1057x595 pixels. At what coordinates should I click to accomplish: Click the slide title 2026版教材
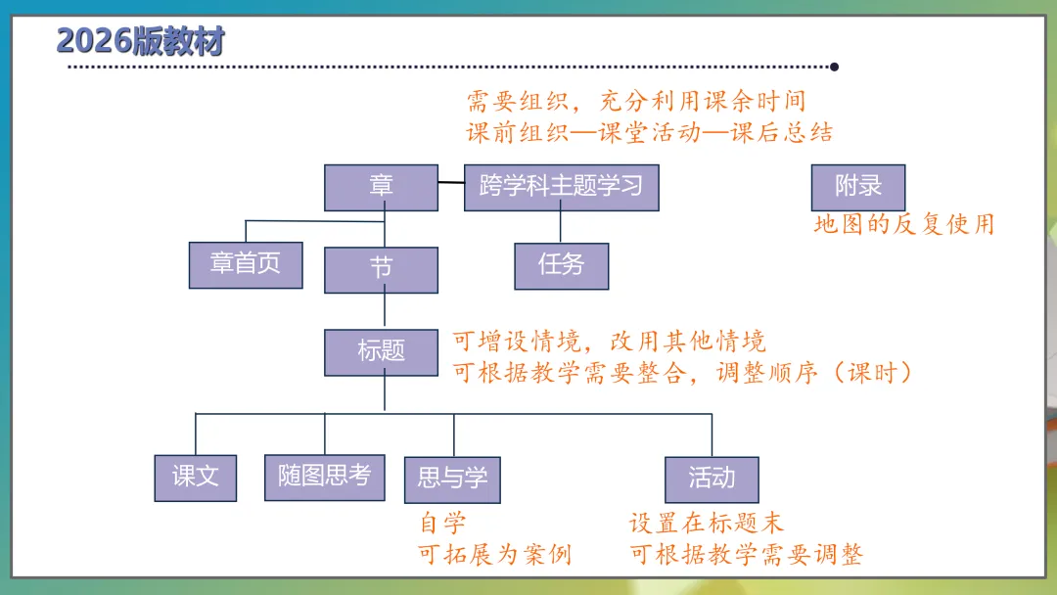[x=141, y=41]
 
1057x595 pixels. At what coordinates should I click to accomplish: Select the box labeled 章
[x=381, y=187]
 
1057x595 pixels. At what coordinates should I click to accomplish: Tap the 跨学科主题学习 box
[x=561, y=187]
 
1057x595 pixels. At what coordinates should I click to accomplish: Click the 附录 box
[x=858, y=187]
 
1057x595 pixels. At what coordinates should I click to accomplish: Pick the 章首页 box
[x=246, y=263]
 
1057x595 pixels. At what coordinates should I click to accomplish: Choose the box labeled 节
[x=381, y=269]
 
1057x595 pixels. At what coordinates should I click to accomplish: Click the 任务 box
[x=561, y=265]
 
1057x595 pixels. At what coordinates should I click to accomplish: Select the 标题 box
[x=381, y=352]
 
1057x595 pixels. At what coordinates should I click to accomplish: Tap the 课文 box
[x=196, y=478]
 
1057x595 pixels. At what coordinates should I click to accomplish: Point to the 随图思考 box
[x=324, y=477]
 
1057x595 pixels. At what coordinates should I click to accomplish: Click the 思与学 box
[x=452, y=479]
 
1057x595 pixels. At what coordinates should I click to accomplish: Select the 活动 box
[x=712, y=479]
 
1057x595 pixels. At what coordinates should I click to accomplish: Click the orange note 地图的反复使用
[x=903, y=225]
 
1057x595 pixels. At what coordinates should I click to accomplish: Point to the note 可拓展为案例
[x=494, y=556]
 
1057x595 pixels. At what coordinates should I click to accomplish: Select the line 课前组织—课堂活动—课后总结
[x=650, y=133]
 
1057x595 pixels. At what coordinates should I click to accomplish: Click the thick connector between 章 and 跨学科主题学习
[x=451, y=183]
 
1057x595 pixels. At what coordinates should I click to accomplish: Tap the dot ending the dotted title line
[x=834, y=68]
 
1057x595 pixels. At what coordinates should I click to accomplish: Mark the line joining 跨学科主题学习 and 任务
[x=561, y=227]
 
